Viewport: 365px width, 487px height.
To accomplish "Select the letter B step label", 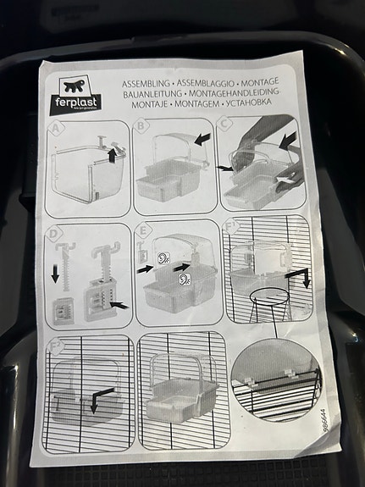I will (x=141, y=127).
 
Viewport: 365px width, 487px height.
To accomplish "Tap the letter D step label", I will (x=53, y=231).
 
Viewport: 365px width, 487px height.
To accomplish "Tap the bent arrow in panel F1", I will (x=301, y=278).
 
